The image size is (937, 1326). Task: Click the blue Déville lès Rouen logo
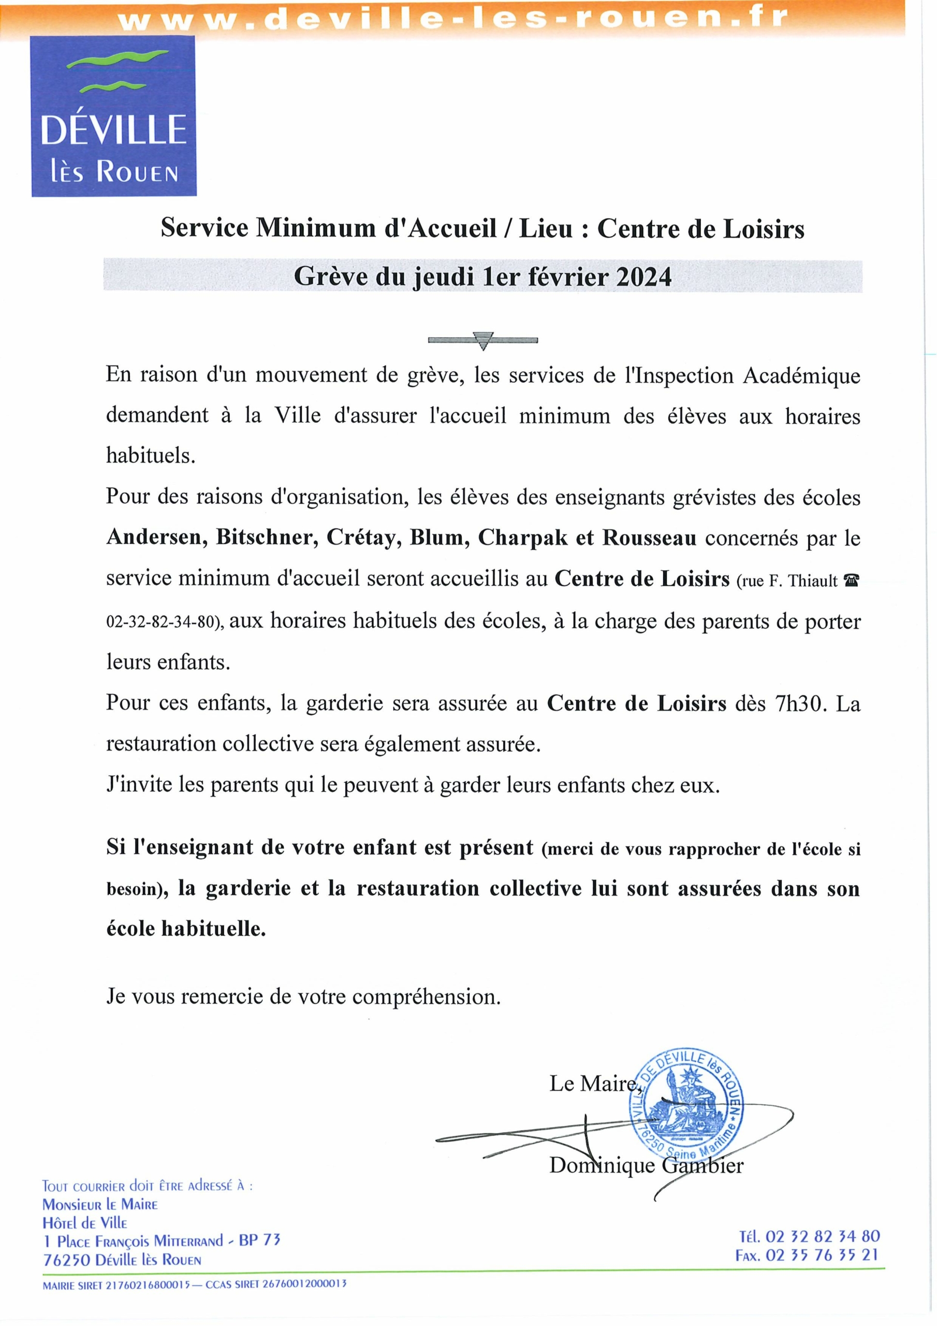(x=114, y=116)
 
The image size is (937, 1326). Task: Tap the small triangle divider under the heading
(x=483, y=341)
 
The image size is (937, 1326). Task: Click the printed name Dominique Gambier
(x=646, y=1165)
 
